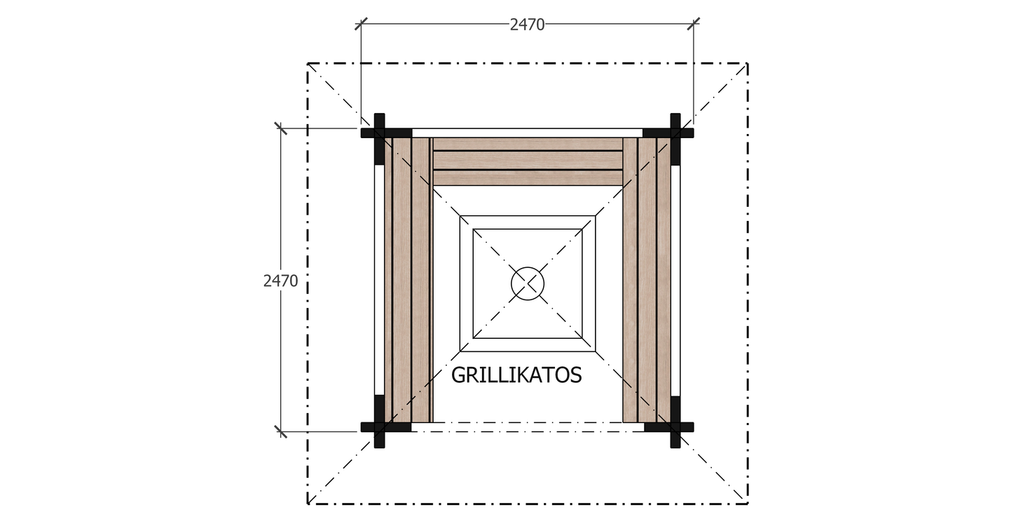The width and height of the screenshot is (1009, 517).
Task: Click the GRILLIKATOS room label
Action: point(516,375)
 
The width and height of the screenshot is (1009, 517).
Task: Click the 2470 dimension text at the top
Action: point(527,25)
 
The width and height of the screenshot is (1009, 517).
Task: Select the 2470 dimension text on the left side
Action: point(280,281)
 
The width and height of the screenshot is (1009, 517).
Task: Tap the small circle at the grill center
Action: point(527,283)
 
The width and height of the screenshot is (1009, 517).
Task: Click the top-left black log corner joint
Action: point(379,132)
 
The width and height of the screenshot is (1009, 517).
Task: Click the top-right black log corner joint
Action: point(675,132)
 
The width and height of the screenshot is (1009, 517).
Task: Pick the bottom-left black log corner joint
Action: point(379,427)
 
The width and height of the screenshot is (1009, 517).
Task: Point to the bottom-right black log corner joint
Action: point(675,427)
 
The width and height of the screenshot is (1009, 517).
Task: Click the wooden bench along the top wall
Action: point(528,161)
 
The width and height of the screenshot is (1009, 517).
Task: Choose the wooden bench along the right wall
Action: point(647,281)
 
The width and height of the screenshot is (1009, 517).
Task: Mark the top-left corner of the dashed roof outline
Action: point(308,63)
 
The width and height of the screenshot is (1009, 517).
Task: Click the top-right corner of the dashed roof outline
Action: point(748,63)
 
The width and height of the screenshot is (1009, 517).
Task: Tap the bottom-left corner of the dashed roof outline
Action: point(308,504)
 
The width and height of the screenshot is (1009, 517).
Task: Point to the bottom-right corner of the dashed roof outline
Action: point(748,504)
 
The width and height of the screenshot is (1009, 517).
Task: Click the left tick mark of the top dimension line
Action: point(361,24)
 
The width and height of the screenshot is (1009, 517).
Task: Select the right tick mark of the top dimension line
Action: point(694,24)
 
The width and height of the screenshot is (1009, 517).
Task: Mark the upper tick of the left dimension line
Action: point(281,128)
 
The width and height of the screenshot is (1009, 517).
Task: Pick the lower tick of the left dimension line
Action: point(281,431)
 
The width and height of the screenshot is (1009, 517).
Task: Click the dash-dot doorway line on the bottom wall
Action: point(527,423)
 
